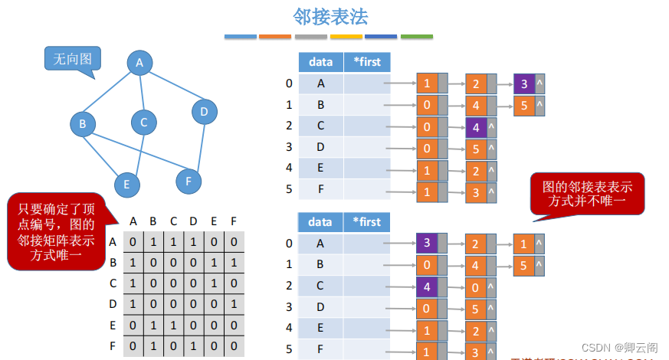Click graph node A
(139, 64)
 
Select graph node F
(188, 182)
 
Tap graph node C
(143, 122)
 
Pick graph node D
(204, 113)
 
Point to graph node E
(126, 185)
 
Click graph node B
(82, 124)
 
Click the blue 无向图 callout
(72, 59)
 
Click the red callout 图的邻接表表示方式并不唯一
(586, 193)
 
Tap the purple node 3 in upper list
(524, 84)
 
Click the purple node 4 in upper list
(475, 127)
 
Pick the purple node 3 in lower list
(426, 244)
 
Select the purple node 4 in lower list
(426, 287)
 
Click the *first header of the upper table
(366, 62)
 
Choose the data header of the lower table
(320, 222)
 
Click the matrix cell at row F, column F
(234, 345)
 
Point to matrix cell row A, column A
(133, 242)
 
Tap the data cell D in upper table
(320, 146)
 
